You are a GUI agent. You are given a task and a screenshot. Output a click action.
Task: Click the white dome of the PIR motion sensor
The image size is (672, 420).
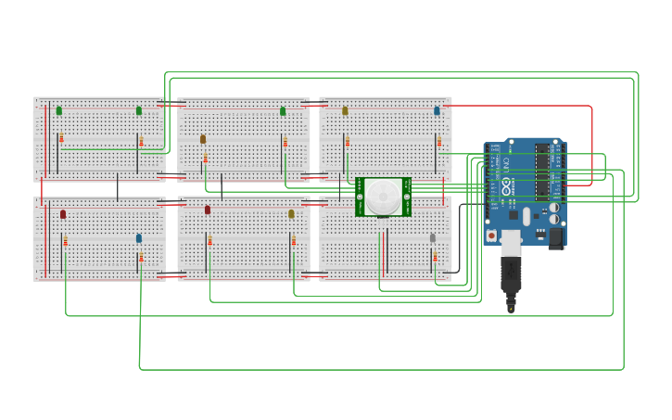tap(383, 196)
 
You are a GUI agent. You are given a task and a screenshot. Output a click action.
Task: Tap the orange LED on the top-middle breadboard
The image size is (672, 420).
tap(203, 139)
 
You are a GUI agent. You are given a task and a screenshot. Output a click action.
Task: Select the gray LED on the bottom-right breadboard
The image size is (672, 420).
tap(432, 238)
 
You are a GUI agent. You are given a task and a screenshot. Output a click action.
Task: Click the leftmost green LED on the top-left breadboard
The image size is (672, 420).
tap(59, 110)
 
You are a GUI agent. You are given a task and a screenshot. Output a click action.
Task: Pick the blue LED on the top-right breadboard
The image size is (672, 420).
tap(437, 110)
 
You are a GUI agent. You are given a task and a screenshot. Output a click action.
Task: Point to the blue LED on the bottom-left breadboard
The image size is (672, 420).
tap(139, 238)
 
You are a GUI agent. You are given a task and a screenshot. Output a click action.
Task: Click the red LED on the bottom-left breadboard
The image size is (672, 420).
tap(63, 214)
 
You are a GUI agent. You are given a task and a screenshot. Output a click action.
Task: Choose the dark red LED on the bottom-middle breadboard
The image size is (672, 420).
tap(208, 210)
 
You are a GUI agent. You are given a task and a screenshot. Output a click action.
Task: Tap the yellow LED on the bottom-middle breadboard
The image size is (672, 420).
tap(291, 214)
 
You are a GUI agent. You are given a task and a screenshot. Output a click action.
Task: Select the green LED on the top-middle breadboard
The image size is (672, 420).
tap(283, 111)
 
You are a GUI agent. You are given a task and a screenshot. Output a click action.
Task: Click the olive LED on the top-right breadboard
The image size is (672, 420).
tap(345, 110)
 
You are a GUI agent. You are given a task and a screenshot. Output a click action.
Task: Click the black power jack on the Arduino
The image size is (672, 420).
tap(556, 237)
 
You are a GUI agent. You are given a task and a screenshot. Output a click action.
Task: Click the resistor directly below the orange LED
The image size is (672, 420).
tap(205, 158)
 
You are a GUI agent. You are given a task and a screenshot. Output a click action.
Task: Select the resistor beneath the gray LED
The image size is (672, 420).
tap(435, 256)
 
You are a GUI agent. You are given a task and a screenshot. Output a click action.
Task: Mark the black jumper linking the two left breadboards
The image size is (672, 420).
tap(117, 186)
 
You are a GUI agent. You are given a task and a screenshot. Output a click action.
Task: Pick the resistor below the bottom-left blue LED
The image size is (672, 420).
tap(141, 257)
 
